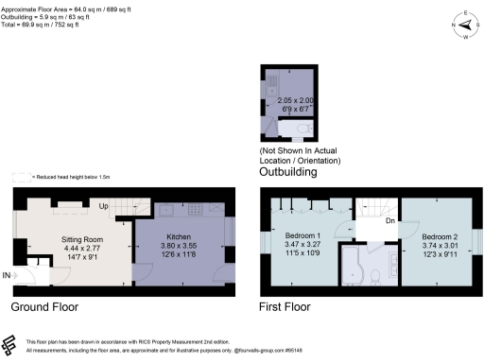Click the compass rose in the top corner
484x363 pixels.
pos(466,25)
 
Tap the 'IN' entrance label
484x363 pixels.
pos(7,275)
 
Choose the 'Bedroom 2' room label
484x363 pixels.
pos(440,234)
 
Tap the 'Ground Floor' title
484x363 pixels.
pos(44,307)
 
